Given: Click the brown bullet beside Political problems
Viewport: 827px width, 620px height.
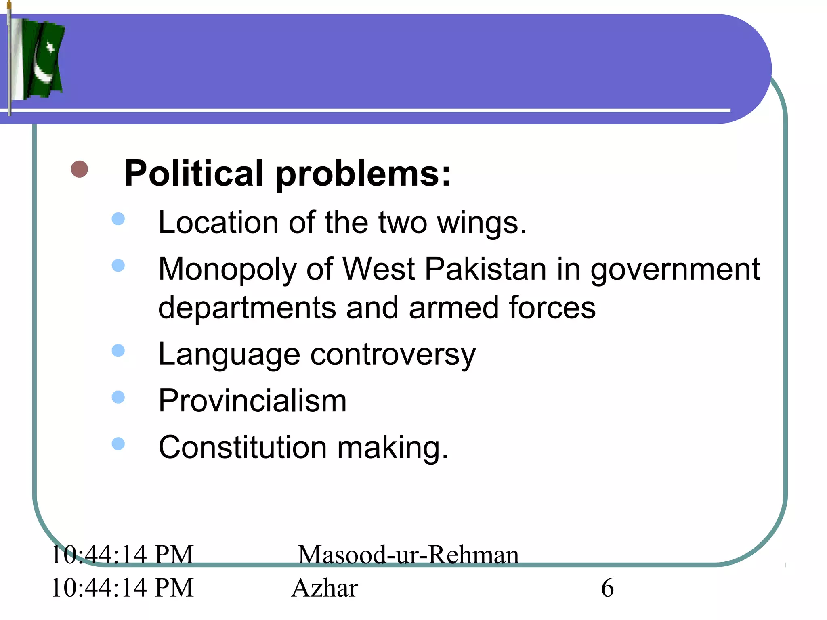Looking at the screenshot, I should coord(80,169).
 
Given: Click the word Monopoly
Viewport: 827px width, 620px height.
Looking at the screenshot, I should coord(226,270).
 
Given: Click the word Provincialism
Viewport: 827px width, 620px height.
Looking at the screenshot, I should coord(252,401).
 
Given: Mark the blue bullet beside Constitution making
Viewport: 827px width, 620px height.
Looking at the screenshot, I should coord(118,444).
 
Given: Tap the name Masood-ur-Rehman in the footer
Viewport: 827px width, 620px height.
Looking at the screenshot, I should coord(408,555).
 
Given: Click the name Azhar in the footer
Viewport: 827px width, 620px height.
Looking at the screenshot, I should coord(325,588).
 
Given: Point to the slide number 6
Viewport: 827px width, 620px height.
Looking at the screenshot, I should coord(607,588).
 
